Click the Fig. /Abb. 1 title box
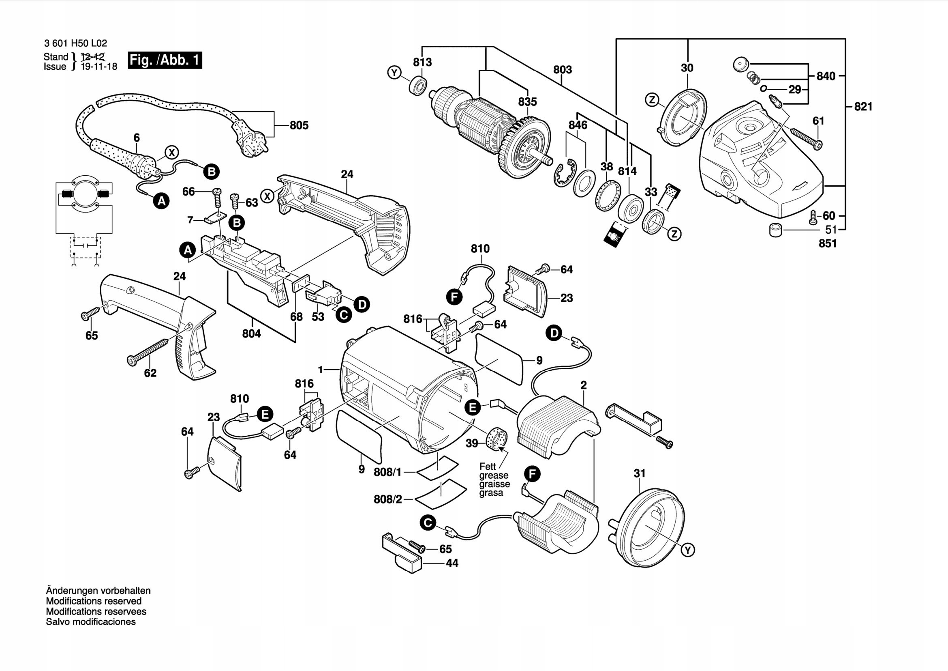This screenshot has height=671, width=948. (x=165, y=60)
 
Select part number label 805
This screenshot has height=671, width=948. (x=299, y=125)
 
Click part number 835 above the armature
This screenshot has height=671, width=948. (x=527, y=102)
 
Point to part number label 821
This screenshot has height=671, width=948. (x=863, y=107)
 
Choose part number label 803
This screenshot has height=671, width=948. (x=563, y=69)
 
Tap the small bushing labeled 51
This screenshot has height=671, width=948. (x=776, y=230)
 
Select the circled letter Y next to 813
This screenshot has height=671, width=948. (x=394, y=73)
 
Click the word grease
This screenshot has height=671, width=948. (x=493, y=475)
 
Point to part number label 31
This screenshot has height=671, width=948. (x=639, y=473)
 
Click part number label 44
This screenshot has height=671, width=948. (x=452, y=563)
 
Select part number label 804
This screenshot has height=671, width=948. (x=251, y=333)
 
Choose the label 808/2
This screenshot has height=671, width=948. (x=388, y=499)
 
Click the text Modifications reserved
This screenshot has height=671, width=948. (x=94, y=601)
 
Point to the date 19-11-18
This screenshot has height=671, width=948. (x=98, y=67)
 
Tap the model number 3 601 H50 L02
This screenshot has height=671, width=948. (x=75, y=43)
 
